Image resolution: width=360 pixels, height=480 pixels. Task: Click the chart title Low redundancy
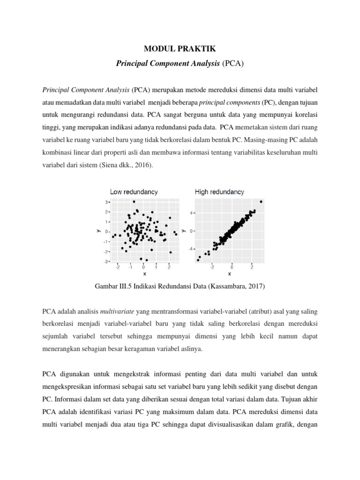click(134, 192)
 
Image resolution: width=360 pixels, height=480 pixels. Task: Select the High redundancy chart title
click(219, 192)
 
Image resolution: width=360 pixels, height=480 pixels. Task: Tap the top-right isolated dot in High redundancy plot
click(261, 202)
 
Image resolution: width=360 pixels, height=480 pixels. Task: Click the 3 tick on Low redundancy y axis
click(106, 202)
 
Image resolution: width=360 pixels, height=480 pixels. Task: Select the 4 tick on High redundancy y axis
click(191, 213)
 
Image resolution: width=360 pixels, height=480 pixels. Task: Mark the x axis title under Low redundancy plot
click(144, 274)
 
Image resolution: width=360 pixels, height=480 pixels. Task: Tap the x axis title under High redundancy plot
click(229, 274)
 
